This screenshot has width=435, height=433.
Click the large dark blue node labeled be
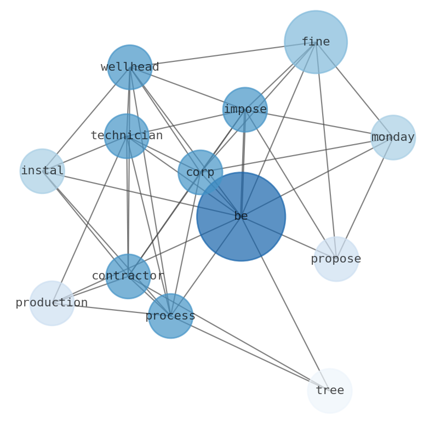241,216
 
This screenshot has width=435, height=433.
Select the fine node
316,42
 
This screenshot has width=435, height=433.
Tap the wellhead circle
130,67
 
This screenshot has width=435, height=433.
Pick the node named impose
245,110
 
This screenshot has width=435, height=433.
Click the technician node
127,136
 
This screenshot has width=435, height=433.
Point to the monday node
393,138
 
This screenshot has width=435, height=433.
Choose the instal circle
42,171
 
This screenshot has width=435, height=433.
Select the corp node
200,172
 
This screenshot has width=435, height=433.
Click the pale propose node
336,259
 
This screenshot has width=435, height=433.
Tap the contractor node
128,276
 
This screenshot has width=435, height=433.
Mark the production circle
51,303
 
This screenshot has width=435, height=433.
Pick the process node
170,316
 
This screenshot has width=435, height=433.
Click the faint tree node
329,391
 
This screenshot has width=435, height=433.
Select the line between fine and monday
354,90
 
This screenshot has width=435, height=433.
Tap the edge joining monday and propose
364,198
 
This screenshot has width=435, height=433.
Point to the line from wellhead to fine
222,55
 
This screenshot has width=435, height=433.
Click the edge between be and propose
288,238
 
